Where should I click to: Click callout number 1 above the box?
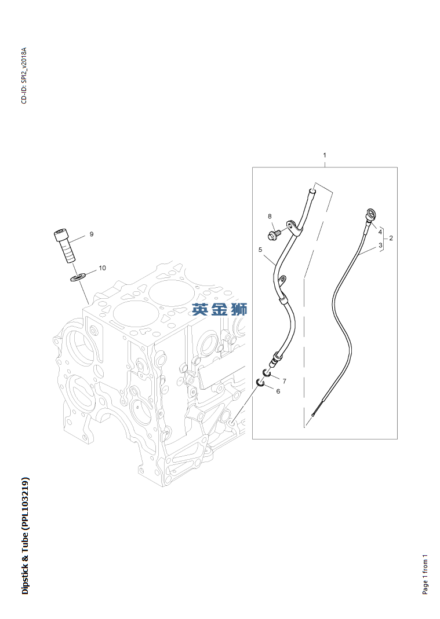(x=325, y=155)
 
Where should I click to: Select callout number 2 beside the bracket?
(x=391, y=238)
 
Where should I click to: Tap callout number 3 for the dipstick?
(x=380, y=246)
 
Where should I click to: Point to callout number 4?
(x=380, y=232)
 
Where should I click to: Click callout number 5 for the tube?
(x=260, y=250)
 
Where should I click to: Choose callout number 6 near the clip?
(x=278, y=391)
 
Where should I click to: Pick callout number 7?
(x=284, y=380)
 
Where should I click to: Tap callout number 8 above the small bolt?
(x=270, y=217)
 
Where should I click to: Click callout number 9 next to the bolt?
(x=91, y=234)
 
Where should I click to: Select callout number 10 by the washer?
(x=102, y=268)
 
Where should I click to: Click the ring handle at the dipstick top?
(x=369, y=213)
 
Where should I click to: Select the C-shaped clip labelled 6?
(x=261, y=383)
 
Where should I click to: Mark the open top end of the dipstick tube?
(x=312, y=189)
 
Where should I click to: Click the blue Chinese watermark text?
(x=220, y=309)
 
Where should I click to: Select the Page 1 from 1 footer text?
(x=426, y=574)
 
